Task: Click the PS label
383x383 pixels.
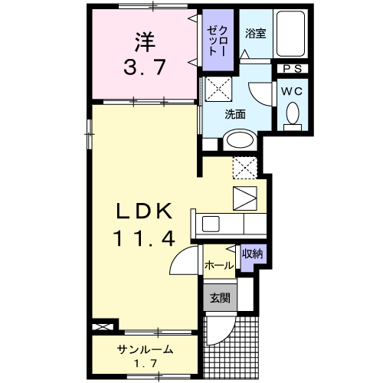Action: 292,69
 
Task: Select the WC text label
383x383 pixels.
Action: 291,89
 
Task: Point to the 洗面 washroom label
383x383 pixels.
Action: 234,115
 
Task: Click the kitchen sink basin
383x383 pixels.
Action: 209,224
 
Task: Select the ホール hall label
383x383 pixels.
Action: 219,265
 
